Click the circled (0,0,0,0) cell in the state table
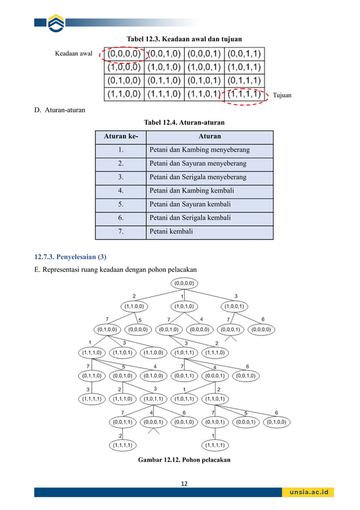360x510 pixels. click(124, 54)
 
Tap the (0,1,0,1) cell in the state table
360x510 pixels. click(204, 81)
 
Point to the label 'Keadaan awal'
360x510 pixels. click(73, 54)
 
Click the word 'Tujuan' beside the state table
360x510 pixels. click(282, 95)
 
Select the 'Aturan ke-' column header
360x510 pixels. click(120, 137)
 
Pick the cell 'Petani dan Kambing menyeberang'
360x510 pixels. click(199, 150)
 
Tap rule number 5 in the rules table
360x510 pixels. click(120, 204)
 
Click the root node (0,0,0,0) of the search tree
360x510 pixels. click(184, 283)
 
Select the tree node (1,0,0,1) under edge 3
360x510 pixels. click(235, 307)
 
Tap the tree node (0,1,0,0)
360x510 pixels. click(107, 329)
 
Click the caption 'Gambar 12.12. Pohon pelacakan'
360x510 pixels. click(184, 460)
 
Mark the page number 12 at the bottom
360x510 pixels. click(184, 483)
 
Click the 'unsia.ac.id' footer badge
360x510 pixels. click(308, 492)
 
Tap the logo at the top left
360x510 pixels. click(56, 23)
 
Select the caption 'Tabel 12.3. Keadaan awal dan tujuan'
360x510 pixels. click(184, 39)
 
